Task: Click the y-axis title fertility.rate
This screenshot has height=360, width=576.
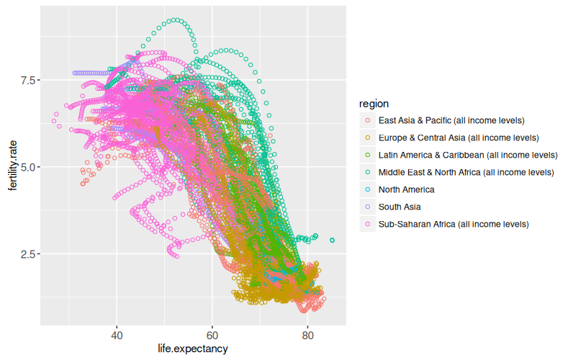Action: (12, 167)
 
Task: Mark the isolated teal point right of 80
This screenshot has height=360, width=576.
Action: (332, 240)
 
